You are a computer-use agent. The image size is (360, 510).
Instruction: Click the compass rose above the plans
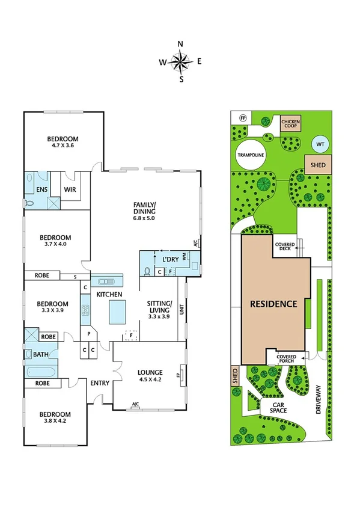180,61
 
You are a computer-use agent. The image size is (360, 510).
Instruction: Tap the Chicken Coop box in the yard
290,124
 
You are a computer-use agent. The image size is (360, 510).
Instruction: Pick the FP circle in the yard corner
244,118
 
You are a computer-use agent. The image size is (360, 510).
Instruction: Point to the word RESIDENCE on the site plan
273,304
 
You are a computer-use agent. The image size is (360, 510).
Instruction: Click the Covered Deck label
284,247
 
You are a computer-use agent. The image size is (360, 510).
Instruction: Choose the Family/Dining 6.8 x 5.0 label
144,211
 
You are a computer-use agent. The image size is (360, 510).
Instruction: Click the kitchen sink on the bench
107,281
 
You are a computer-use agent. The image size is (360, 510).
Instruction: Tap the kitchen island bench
117,312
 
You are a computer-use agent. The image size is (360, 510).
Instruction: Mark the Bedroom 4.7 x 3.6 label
63,142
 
